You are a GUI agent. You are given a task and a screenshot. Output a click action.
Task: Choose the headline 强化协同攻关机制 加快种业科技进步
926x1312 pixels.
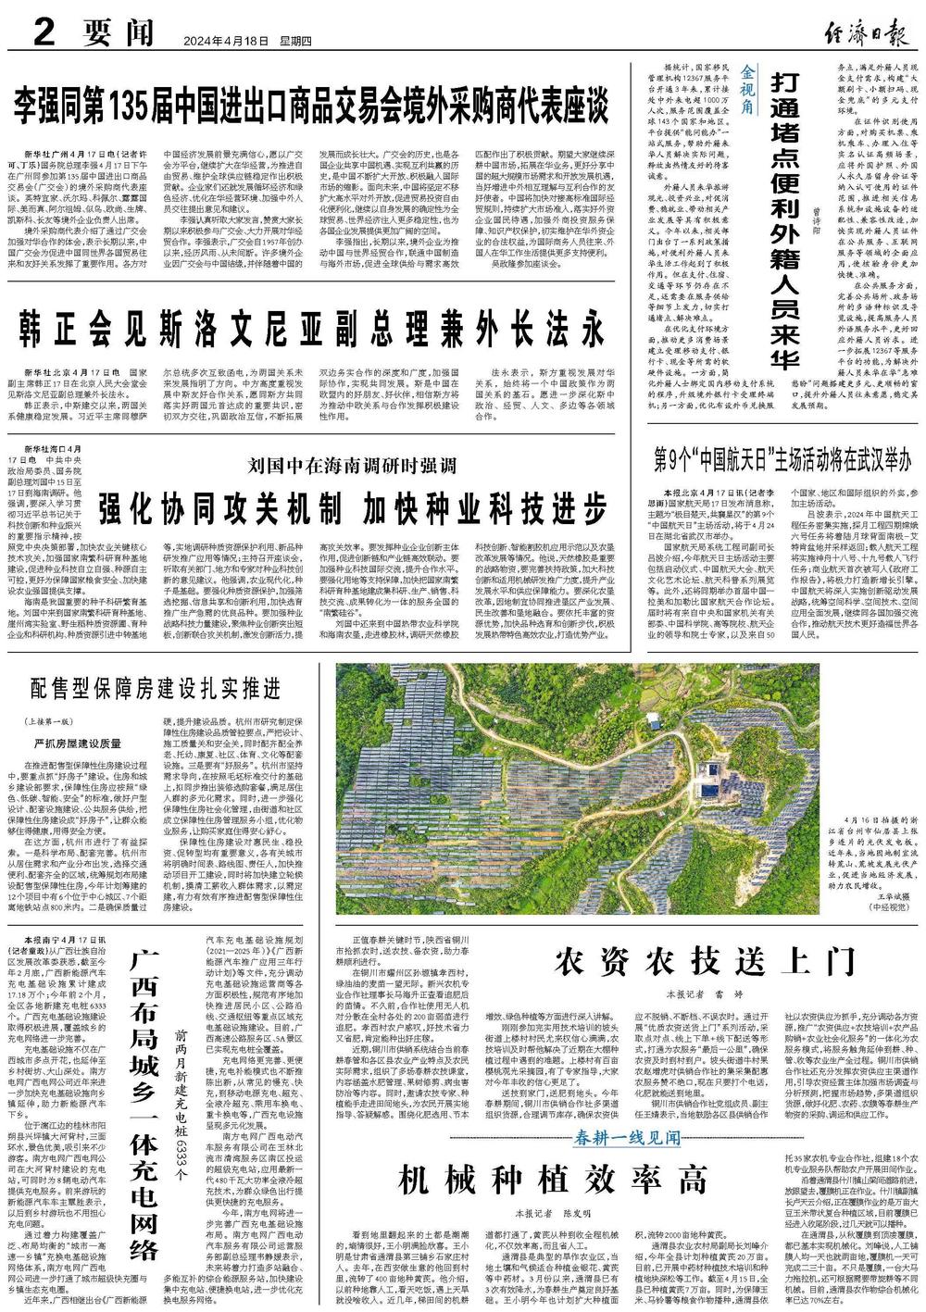tap(353, 506)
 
